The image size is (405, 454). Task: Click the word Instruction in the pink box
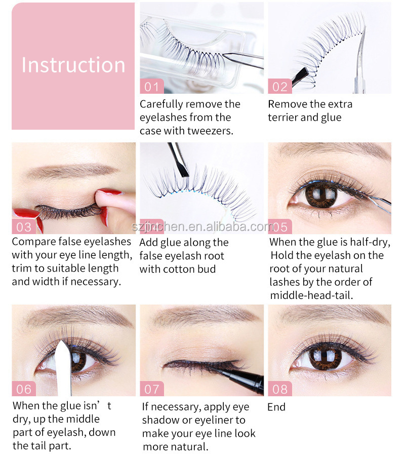pos(73,65)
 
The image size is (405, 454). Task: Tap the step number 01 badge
pos(152,86)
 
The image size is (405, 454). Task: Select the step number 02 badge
pos(280,86)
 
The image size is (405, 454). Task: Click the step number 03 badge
pos(24,226)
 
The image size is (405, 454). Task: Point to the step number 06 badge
pos(24,389)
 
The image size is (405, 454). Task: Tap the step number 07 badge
pos(152,389)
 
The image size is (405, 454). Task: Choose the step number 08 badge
pos(280,389)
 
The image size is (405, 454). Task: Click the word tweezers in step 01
pos(210,131)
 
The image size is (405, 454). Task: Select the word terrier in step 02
pos(282,117)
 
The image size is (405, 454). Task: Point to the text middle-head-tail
pos(311,295)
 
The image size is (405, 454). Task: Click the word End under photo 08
pos(276,407)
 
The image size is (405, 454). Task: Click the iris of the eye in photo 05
pos(321,194)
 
